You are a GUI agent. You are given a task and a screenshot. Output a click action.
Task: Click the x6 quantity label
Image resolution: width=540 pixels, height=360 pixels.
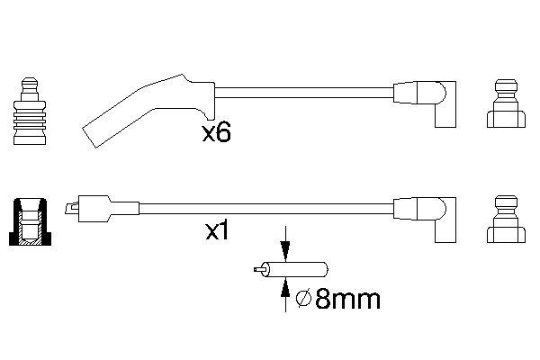[216, 133]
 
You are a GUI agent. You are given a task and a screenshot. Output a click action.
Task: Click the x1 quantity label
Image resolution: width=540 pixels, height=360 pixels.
[217, 231]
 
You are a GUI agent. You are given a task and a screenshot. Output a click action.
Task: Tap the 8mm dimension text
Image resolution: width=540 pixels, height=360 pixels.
[347, 299]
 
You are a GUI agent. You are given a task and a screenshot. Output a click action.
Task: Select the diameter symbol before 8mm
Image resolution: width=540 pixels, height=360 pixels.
[304, 299]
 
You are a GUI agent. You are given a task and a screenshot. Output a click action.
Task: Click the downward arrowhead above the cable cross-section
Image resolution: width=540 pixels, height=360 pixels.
[285, 250]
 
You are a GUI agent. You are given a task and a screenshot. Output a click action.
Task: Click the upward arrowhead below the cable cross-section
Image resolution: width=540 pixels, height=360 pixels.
[285, 288]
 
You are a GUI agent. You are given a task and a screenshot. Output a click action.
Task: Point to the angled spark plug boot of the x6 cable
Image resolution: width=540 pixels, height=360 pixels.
[148, 109]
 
